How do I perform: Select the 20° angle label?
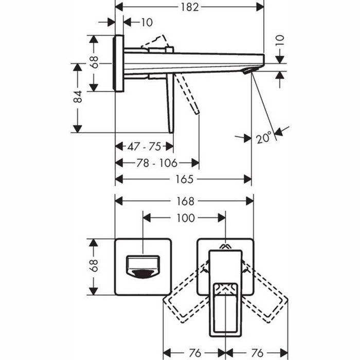click(264, 138)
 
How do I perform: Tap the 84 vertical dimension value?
click(77, 97)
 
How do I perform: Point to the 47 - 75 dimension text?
click(143, 147)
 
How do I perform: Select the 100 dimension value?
click(185, 218)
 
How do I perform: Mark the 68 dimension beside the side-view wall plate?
click(94, 63)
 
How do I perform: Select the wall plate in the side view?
click(119, 63)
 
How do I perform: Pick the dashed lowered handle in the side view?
click(188, 95)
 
